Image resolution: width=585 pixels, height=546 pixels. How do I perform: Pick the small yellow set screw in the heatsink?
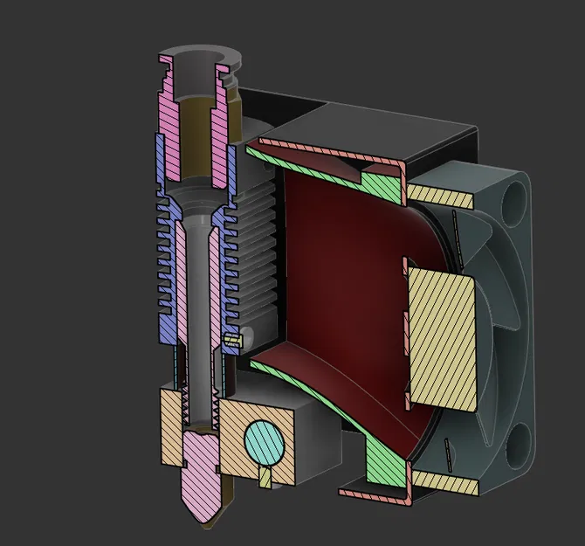[x=232, y=338]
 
